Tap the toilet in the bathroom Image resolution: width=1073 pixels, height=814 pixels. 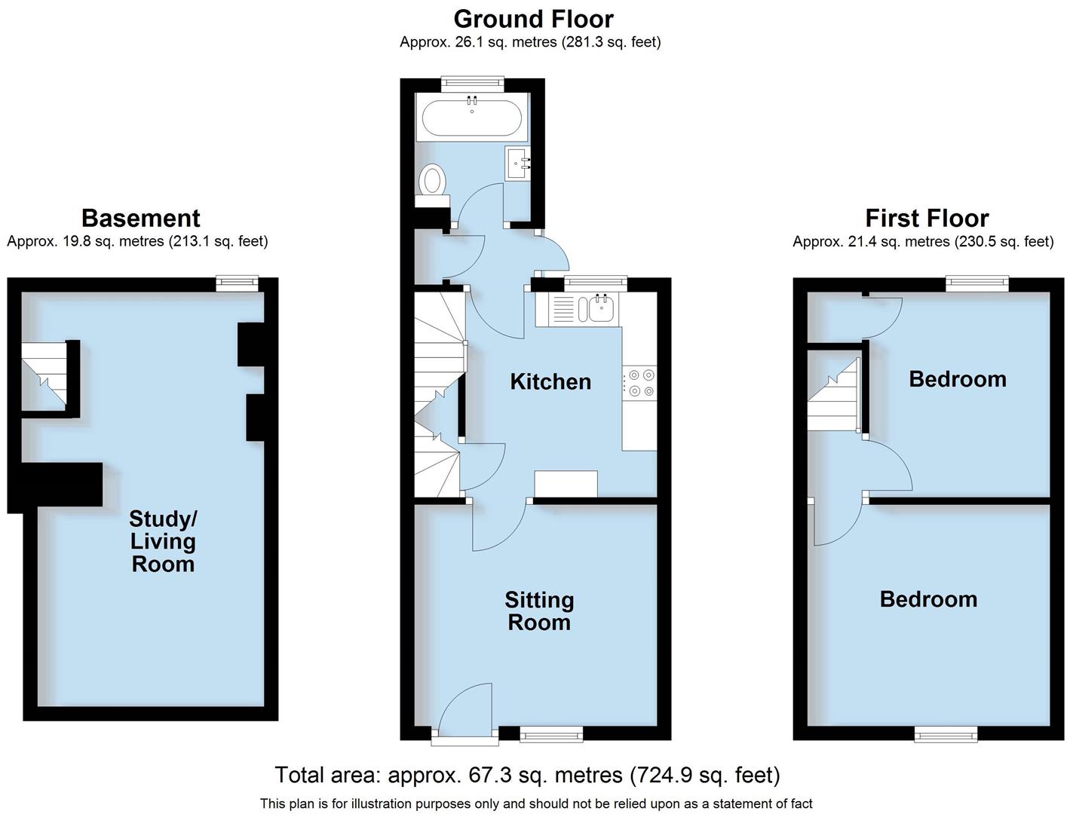click(x=433, y=181)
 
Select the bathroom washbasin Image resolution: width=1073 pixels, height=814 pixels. click(x=517, y=162)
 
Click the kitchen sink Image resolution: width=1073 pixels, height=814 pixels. click(x=601, y=308)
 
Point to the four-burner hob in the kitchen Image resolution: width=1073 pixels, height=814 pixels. click(x=639, y=382)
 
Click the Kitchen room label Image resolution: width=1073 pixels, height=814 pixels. click(x=550, y=381)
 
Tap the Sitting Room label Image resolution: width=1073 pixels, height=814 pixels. click(x=539, y=611)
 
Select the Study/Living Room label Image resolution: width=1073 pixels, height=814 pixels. click(x=163, y=541)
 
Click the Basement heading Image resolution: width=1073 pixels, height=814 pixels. click(x=140, y=218)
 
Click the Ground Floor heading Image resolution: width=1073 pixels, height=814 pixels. click(x=533, y=19)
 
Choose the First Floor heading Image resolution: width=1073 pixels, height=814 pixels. click(x=927, y=218)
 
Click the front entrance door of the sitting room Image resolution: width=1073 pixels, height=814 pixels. click(x=464, y=712)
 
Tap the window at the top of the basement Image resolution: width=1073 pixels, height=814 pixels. click(x=237, y=283)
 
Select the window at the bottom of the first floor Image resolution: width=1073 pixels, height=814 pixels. click(x=946, y=734)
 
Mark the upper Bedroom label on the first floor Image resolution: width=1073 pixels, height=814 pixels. click(x=958, y=379)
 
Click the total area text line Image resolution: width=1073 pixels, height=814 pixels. click(x=527, y=775)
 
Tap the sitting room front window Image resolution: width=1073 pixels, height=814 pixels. click(x=551, y=733)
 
